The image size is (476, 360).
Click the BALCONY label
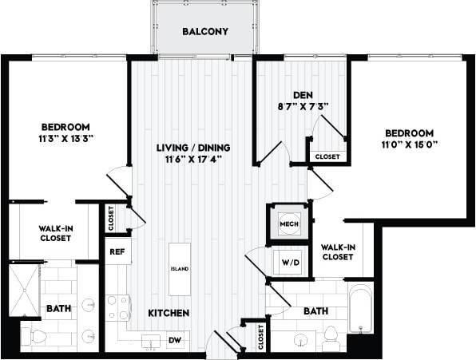pyautogui.click(x=205, y=32)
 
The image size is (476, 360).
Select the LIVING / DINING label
pyautogui.click(x=188, y=147)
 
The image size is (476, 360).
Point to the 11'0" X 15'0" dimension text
pyautogui.click(x=409, y=145)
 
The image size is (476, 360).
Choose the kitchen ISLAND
pyautogui.click(x=180, y=269)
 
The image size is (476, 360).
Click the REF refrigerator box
pyautogui.click(x=116, y=251)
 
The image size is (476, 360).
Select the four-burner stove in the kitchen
pyautogui.click(x=118, y=308)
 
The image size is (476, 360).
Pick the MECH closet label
pyautogui.click(x=288, y=224)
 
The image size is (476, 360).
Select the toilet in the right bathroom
pyautogui.click(x=331, y=339)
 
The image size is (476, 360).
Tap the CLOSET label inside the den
pyautogui.click(x=327, y=157)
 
